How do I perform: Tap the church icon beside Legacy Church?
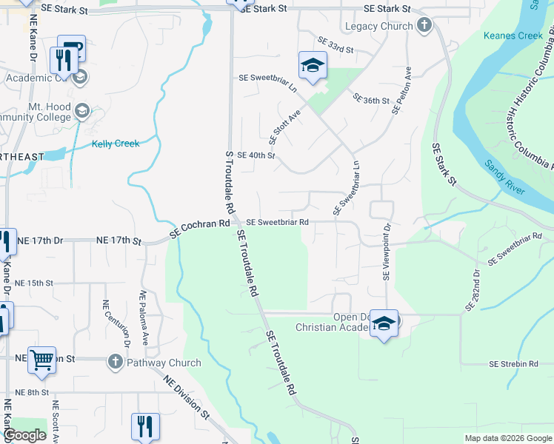424,27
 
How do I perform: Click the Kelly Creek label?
116,144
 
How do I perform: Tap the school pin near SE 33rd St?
313,66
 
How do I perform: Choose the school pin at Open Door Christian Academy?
384,323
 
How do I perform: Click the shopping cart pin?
42,360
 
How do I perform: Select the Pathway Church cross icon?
115,363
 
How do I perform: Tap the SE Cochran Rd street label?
199,228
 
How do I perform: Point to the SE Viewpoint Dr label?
386,252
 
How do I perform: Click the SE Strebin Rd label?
513,364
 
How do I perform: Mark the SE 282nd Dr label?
473,290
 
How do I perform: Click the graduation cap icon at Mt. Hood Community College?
81,110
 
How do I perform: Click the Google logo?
25,435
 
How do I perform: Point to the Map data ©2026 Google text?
507,438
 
